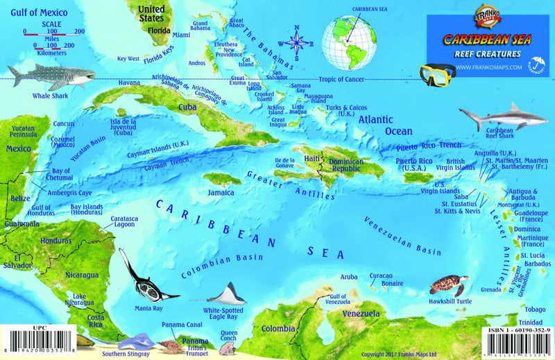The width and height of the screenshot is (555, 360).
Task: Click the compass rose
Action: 297,42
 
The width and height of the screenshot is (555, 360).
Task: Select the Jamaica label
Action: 220,192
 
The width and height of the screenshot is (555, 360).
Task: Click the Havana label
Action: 129,83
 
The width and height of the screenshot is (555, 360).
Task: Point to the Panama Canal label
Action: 182,325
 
